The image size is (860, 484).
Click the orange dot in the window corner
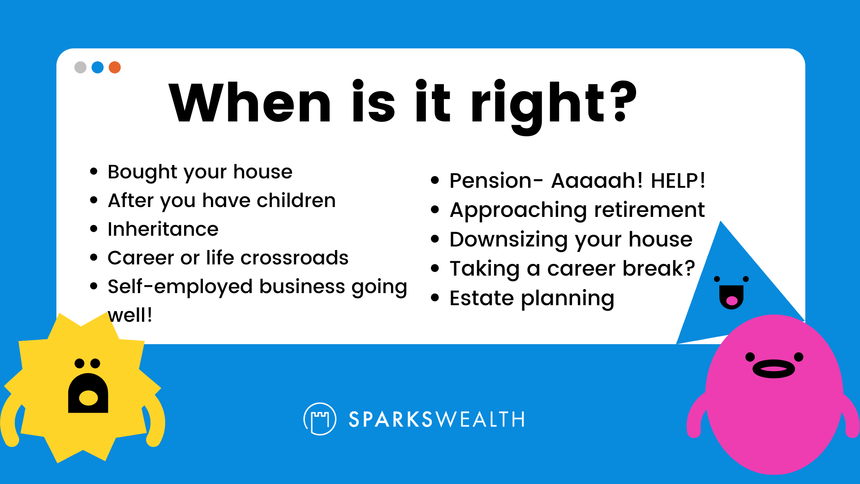click(115, 67)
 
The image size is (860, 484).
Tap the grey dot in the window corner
click(80, 67)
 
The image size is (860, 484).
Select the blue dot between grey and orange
click(98, 67)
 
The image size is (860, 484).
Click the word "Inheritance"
click(163, 229)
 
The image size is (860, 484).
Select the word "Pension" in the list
click(490, 181)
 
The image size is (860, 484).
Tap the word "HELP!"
click(678, 181)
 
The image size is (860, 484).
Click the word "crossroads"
click(294, 258)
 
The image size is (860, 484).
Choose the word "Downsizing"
click(509, 240)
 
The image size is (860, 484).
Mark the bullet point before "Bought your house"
click(94, 171)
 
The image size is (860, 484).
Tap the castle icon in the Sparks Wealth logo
click(320, 419)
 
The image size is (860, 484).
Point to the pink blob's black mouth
click(774, 369)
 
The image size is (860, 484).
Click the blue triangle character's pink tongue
click(731, 301)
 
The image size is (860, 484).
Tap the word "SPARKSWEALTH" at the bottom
click(437, 419)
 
